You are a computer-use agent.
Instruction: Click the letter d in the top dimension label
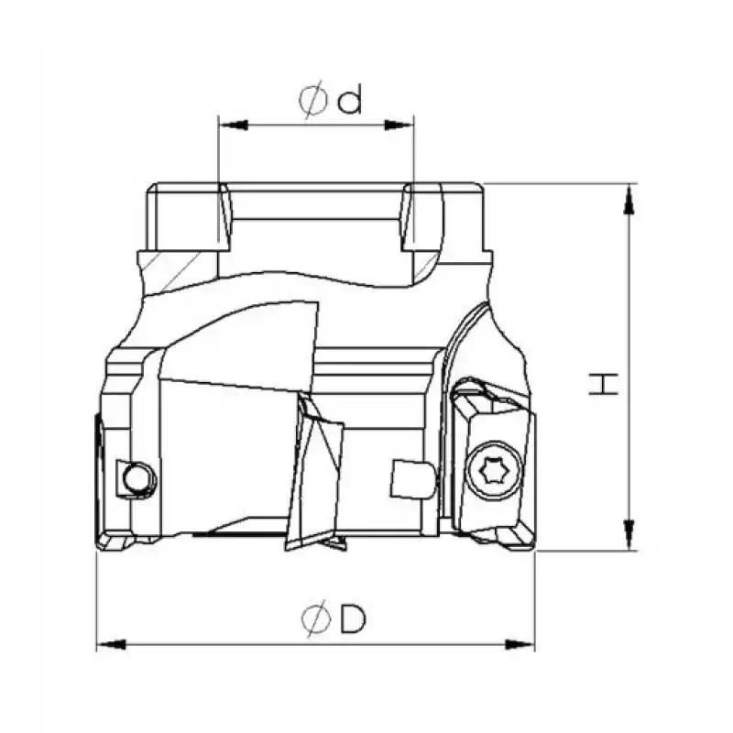tap(349, 99)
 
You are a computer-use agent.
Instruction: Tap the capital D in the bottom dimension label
tap(352, 620)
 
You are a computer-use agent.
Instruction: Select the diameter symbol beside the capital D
tap(313, 621)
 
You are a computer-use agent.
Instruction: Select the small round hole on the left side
tap(137, 477)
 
